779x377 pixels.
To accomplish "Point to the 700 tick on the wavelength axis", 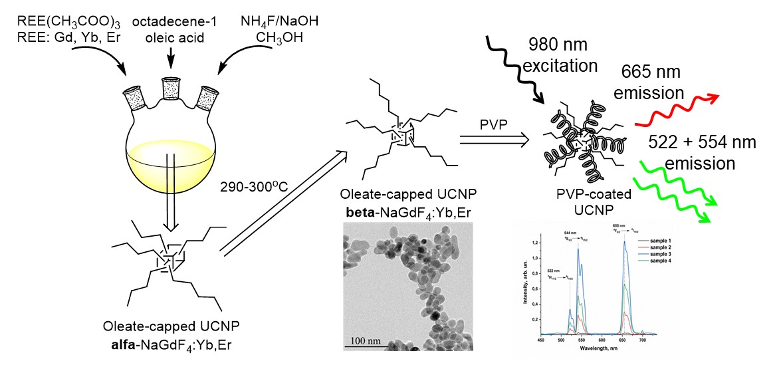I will (x=643, y=340).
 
